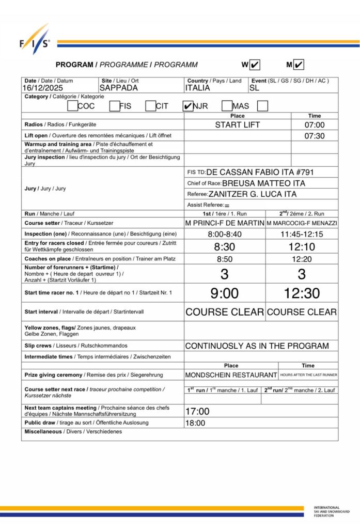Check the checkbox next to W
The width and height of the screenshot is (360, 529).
pyautogui.click(x=255, y=65)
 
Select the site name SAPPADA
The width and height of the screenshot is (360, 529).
pyautogui.click(x=119, y=88)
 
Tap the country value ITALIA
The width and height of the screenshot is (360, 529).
pyautogui.click(x=197, y=88)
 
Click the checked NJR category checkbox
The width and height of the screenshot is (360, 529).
pyautogui.click(x=188, y=106)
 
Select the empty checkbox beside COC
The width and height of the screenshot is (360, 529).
pyautogui.click(x=72, y=106)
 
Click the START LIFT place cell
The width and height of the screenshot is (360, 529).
pyautogui.click(x=238, y=125)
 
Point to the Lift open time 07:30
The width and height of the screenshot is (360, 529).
pyautogui.click(x=314, y=135)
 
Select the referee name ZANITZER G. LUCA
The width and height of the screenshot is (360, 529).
pyautogui.click(x=253, y=194)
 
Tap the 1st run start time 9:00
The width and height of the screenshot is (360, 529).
pyautogui.click(x=225, y=293)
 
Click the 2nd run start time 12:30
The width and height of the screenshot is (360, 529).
pyautogui.click(x=302, y=293)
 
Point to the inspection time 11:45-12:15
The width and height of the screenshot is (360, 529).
pyautogui.click(x=302, y=234)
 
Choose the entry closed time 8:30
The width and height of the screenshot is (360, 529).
pyautogui.click(x=225, y=247)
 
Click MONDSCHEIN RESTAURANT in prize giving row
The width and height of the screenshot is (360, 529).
pyautogui.click(x=231, y=375)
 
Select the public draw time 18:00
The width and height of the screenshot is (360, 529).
pyautogui.click(x=195, y=423)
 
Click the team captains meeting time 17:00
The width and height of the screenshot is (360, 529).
pyautogui.click(x=197, y=412)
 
